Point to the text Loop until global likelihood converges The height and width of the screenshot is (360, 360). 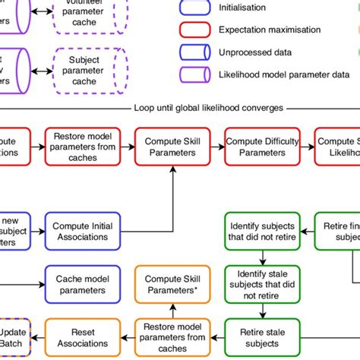(208, 108)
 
